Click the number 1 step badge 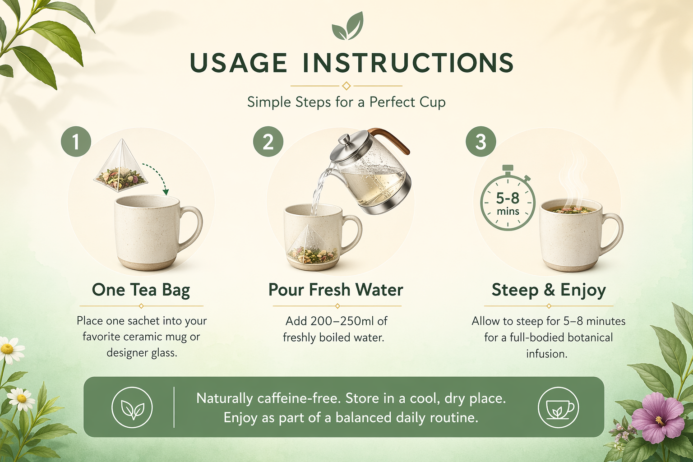pyautogui.click(x=76, y=141)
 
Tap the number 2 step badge pyautogui.click(x=268, y=141)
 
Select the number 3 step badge pyautogui.click(x=481, y=141)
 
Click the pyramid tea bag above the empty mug pyautogui.click(x=121, y=165)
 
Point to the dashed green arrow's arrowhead pyautogui.click(x=166, y=192)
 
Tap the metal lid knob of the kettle pyautogui.click(x=343, y=139)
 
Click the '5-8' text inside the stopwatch pyautogui.click(x=508, y=198)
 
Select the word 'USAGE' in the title pyautogui.click(x=239, y=63)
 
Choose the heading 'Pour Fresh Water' pyautogui.click(x=336, y=290)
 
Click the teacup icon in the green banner pyautogui.click(x=559, y=407)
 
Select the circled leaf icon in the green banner pyautogui.click(x=132, y=407)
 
